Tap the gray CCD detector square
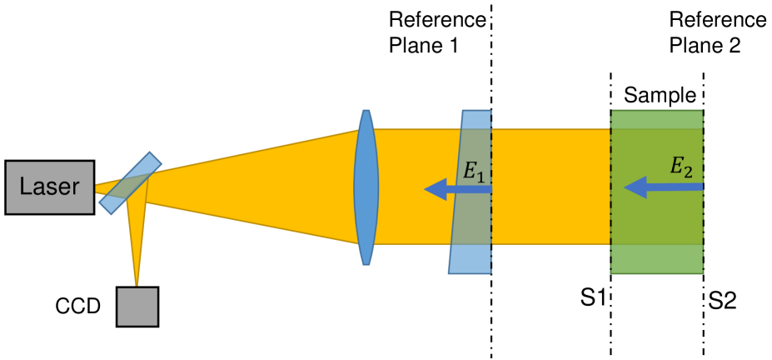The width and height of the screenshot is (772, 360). pyautogui.click(x=137, y=306)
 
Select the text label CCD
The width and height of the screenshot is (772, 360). pyautogui.click(x=77, y=307)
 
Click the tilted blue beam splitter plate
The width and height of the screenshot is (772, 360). pyautogui.click(x=132, y=182)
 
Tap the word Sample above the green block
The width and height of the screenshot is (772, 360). pyautogui.click(x=660, y=96)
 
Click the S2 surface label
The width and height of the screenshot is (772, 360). pyautogui.click(x=722, y=299)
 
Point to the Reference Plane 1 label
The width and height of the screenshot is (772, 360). pyautogui.click(x=436, y=32)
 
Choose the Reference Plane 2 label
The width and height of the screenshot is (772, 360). pyautogui.click(x=717, y=32)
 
